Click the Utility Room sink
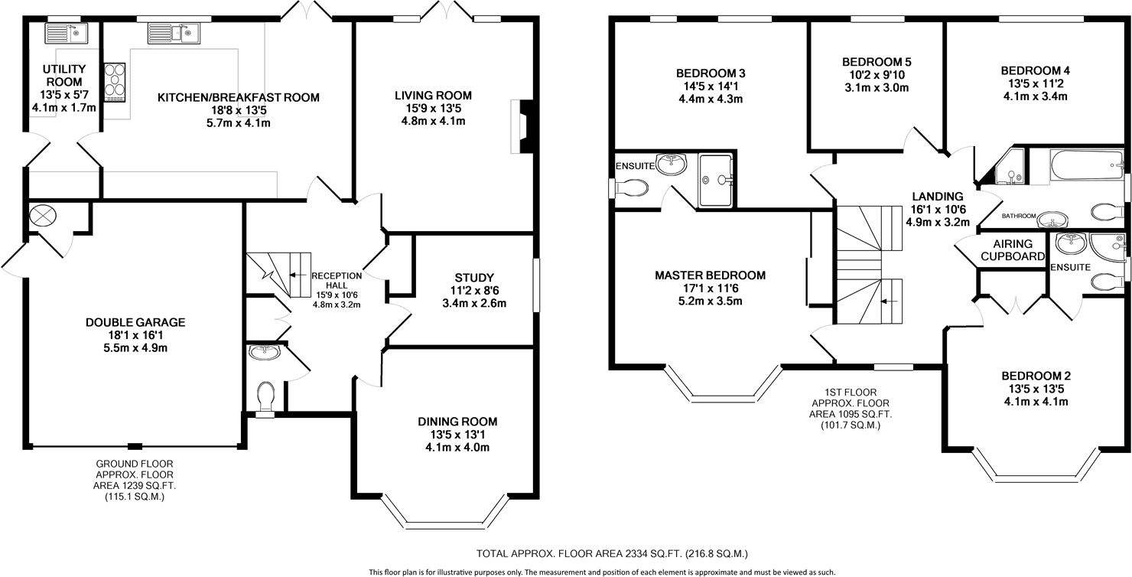pos(67,34)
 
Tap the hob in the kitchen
pos(115,83)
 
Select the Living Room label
pos(433,95)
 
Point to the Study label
pos(474,278)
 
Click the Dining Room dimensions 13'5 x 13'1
pos(457,435)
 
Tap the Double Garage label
pos(135,322)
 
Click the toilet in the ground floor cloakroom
pos(266,397)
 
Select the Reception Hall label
pos(337,280)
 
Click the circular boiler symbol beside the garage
pos(43,216)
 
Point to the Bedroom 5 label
pos(877,62)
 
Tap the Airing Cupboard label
pos(1013,249)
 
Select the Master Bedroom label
pos(710,275)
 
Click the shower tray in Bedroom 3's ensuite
pos(715,180)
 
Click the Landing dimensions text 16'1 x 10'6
pos(938,210)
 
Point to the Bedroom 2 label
pos(1036,376)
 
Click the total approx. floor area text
pos(612,554)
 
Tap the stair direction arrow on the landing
pos(889,302)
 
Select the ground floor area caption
pos(135,480)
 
